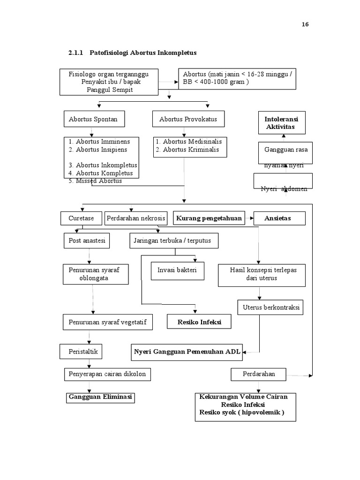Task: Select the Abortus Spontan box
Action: (90, 120)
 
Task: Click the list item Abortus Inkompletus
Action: (106, 165)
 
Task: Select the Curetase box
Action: (81, 218)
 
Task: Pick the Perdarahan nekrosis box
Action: (136, 218)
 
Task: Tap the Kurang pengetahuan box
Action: (209, 218)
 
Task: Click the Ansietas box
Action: (279, 218)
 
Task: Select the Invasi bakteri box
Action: (177, 270)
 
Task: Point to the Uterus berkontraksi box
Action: (270, 307)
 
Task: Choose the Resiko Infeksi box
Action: (199, 322)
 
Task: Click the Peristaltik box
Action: (81, 351)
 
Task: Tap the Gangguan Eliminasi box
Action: (100, 397)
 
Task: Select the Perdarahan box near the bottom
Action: (259, 374)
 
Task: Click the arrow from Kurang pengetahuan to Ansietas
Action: (249, 218)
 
